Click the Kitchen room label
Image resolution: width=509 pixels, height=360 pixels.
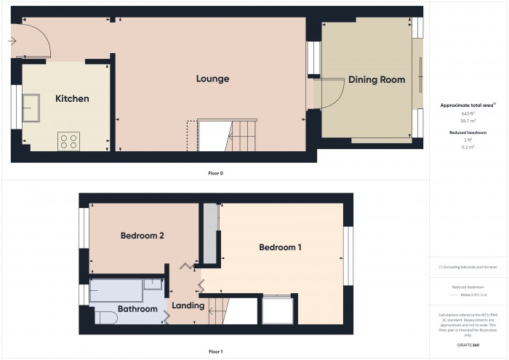pos(73,99)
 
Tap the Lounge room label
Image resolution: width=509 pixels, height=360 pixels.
pos(213,79)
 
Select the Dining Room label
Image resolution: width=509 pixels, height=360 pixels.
pos(376,80)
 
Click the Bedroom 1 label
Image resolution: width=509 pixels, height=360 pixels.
pos(280,247)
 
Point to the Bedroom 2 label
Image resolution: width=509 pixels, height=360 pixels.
pos(142,236)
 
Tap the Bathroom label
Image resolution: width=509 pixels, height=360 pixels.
pos(138,309)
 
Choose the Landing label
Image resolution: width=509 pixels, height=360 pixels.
pos(188,305)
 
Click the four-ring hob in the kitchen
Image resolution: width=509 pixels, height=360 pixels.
pos(69,140)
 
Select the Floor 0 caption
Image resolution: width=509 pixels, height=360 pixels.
pos(215,174)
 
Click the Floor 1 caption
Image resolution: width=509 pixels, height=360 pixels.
pos(215,351)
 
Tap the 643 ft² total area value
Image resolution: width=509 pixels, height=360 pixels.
pos(468,113)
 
